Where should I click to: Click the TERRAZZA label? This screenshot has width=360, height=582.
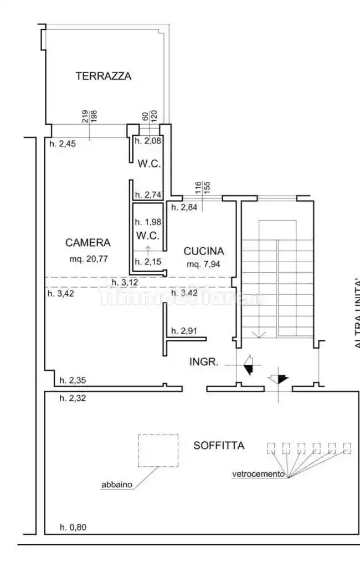click(104, 76)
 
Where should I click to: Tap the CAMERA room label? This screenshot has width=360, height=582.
click(88, 242)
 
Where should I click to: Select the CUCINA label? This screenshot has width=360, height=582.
click(203, 251)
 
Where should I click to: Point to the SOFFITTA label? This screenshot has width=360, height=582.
click(219, 445)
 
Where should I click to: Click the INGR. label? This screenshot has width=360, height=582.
click(204, 363)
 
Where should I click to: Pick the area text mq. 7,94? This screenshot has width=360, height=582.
click(203, 264)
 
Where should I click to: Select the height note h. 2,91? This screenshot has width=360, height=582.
click(184, 331)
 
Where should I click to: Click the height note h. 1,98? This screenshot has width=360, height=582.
click(148, 222)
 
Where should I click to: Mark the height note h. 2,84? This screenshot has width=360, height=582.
click(184, 208)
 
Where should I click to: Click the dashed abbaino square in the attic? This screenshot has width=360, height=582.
click(158, 450)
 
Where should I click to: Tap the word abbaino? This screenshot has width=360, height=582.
click(116, 484)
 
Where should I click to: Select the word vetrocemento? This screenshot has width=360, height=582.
click(258, 474)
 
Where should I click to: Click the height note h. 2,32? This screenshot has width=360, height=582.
click(73, 397)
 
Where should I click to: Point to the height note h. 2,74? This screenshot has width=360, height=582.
click(148, 195)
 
